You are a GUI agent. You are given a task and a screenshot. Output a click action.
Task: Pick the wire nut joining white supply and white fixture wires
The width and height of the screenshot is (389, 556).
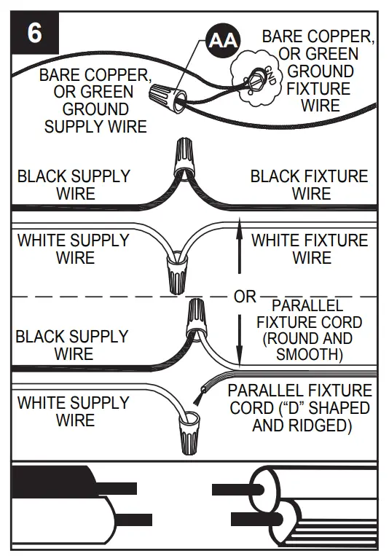click(x=176, y=272)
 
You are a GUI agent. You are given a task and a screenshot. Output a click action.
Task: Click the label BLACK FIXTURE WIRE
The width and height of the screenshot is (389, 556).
click(x=310, y=185)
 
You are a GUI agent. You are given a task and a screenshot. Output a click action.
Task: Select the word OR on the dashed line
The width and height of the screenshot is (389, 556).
click(x=245, y=297)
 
